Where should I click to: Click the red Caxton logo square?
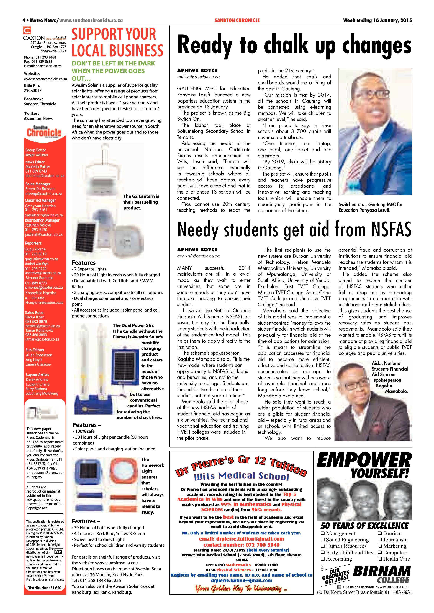pos(27,30)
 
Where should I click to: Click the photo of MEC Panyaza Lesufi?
pos(375,131)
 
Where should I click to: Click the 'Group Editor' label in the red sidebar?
pos(36,150)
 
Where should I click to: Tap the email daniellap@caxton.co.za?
pos(45,176)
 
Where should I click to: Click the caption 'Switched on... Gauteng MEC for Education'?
pos(370,207)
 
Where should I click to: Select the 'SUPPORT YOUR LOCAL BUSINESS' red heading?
pos(117,43)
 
